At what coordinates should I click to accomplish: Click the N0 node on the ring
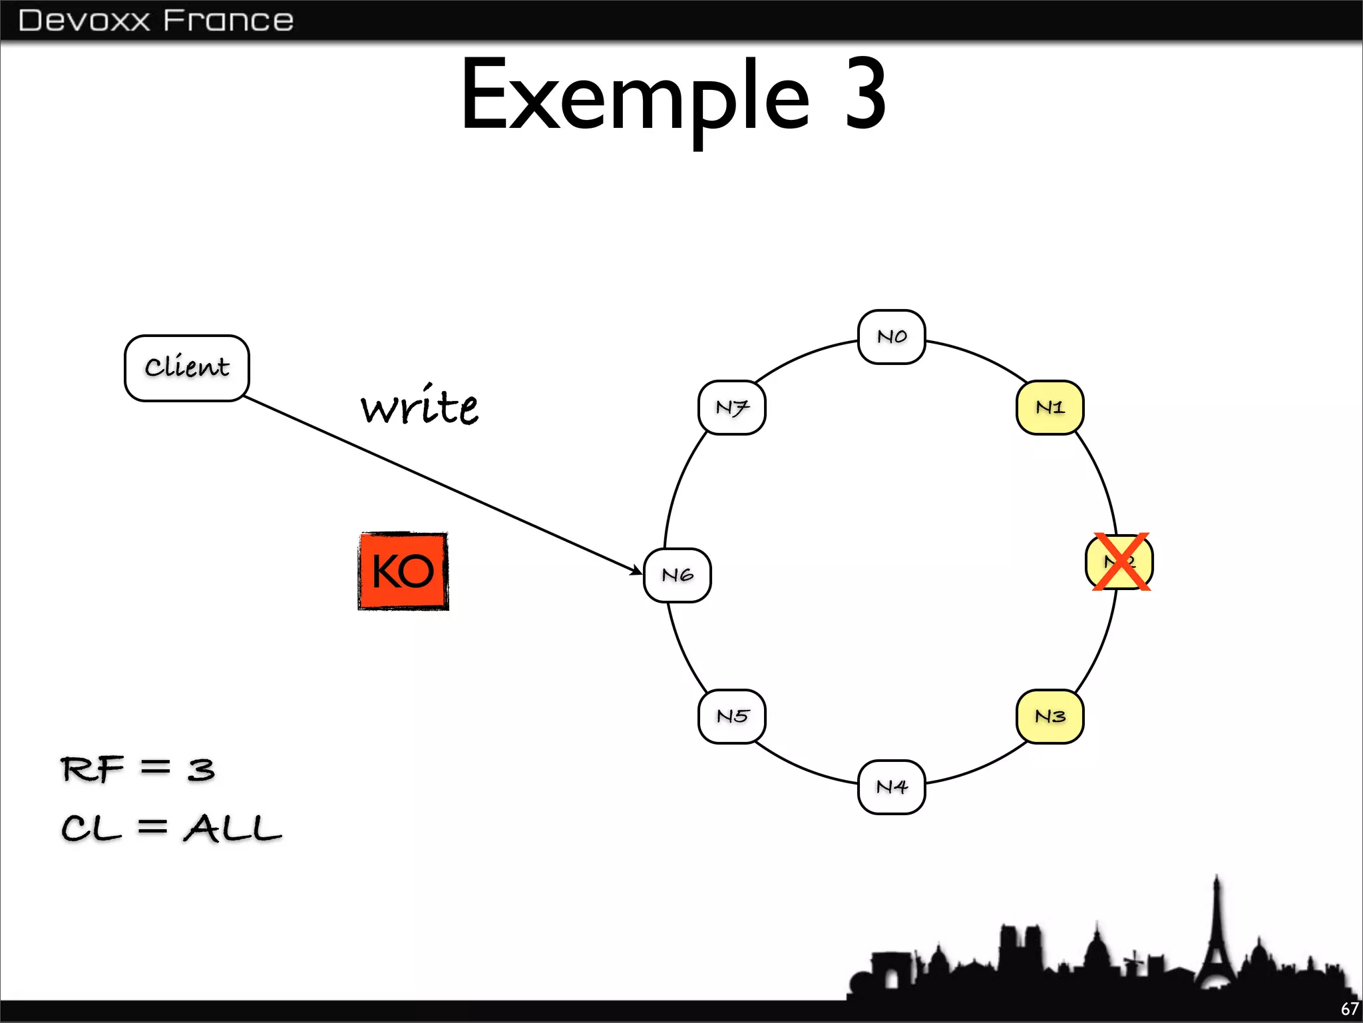click(x=891, y=337)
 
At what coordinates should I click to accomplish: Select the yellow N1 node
click(x=1050, y=408)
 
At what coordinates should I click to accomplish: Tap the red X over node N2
click(x=1121, y=561)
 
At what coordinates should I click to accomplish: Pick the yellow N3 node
click(x=1050, y=717)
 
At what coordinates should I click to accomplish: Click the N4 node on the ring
click(x=891, y=787)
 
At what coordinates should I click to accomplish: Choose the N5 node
click(x=732, y=717)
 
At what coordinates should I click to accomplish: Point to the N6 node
click(x=678, y=575)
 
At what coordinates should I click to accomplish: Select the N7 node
click(x=732, y=408)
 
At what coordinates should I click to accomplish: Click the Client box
click(x=187, y=368)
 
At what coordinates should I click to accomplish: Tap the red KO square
click(x=403, y=571)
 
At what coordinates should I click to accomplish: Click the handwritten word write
click(x=419, y=406)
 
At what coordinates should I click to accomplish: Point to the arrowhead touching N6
click(x=636, y=570)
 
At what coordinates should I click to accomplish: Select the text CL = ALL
click(x=171, y=829)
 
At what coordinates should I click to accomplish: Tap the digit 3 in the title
click(x=865, y=95)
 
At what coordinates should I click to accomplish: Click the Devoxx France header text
click(x=156, y=20)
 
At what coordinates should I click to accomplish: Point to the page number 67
click(x=1350, y=1009)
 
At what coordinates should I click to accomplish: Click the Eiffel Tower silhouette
click(x=1217, y=946)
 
